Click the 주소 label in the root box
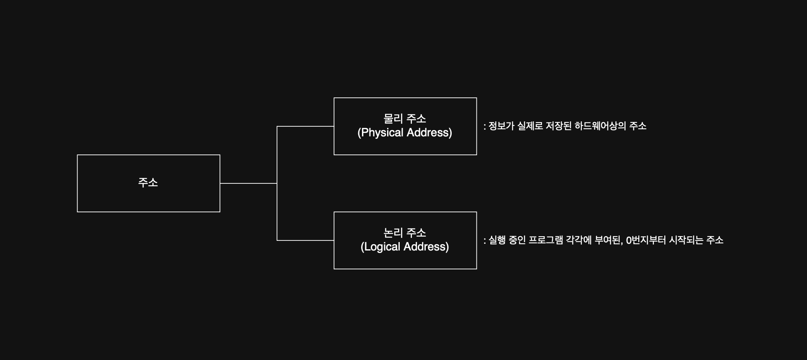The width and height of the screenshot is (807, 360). coord(148,183)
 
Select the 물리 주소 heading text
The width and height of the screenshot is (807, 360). coord(405,119)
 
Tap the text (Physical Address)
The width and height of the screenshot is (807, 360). coord(405,133)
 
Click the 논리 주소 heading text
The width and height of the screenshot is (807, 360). coord(405,233)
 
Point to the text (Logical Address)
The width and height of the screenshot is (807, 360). coord(405,247)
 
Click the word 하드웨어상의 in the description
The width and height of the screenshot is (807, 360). coord(600,126)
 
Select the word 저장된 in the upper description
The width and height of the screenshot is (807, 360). coord(558,126)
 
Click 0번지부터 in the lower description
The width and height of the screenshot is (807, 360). coord(646,240)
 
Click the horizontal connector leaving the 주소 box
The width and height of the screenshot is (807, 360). coord(248,183)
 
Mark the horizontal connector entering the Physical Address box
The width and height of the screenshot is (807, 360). coord(305,126)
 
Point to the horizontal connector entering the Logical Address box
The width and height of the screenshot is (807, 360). coord(305,240)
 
